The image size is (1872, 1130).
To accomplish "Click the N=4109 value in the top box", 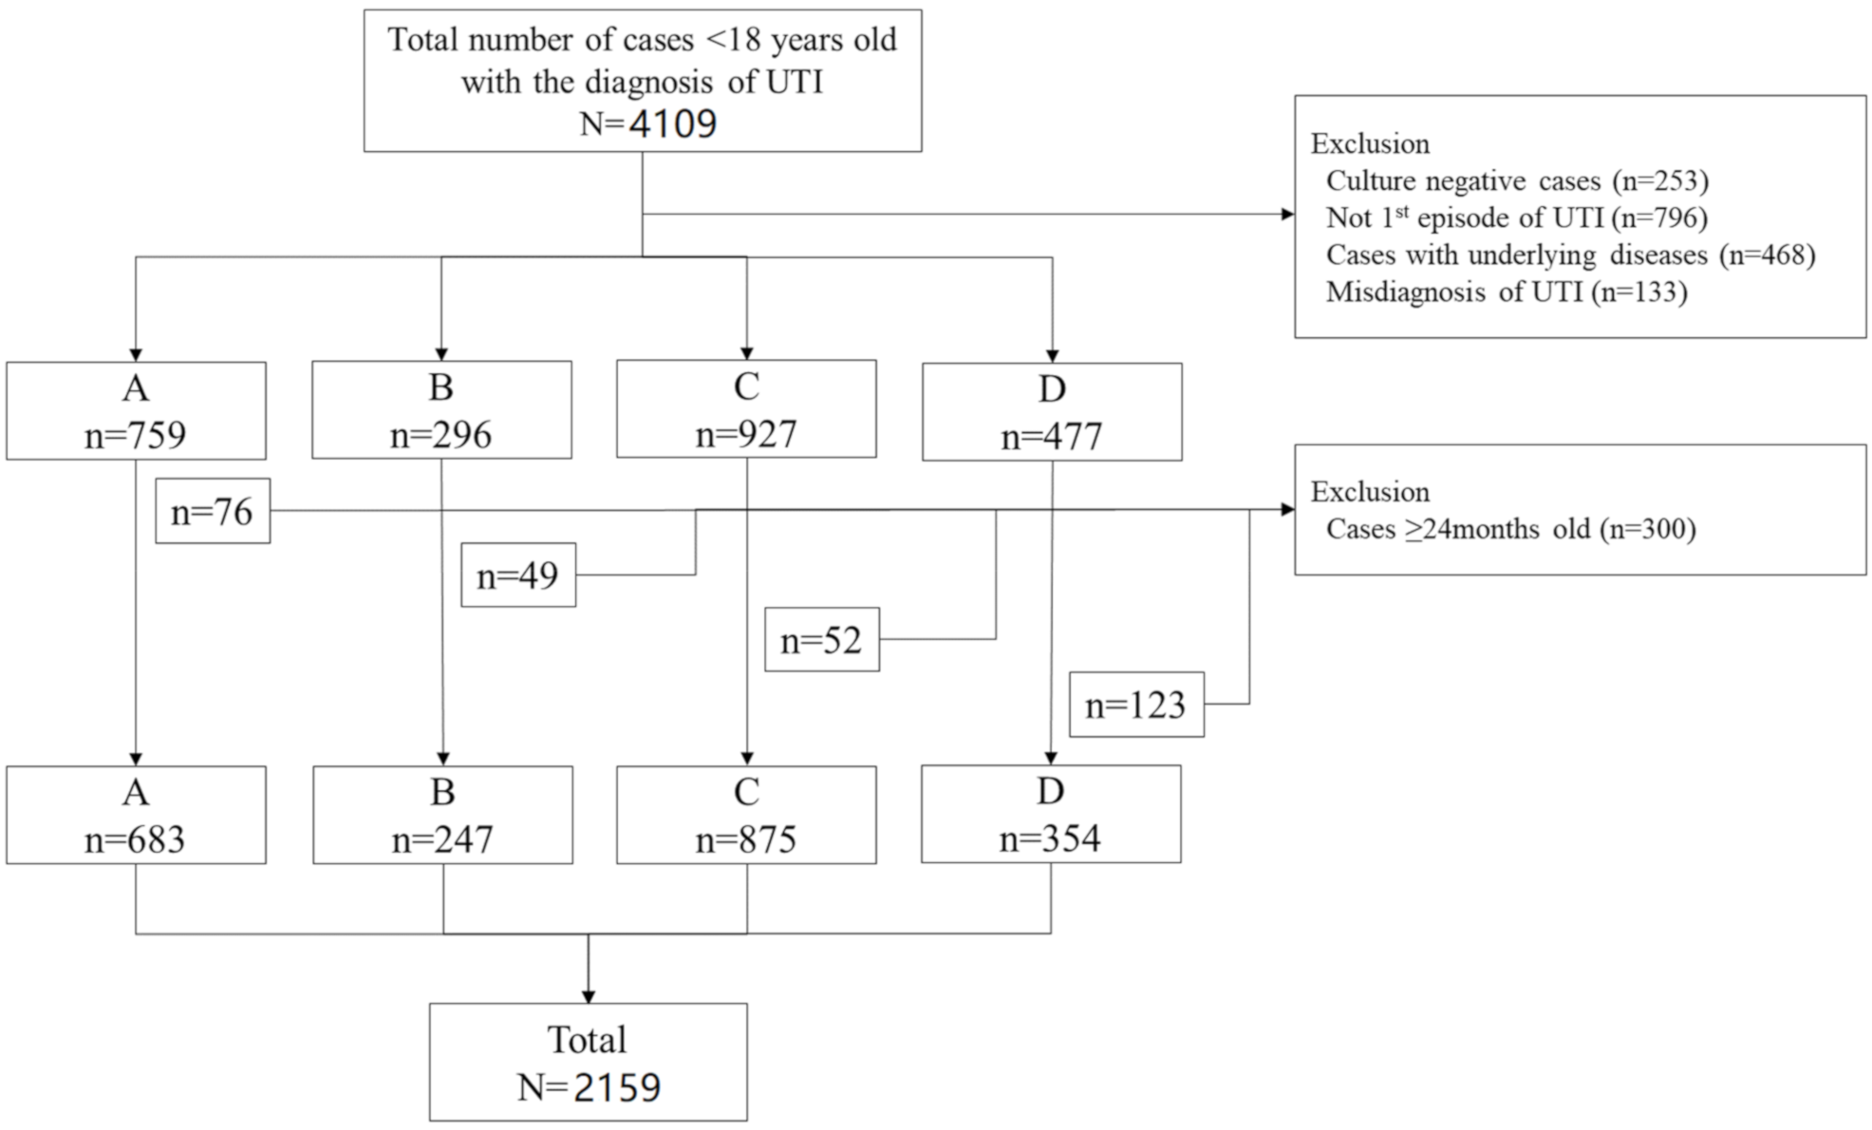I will pos(648,123).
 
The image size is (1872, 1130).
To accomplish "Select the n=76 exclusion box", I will pos(213,512).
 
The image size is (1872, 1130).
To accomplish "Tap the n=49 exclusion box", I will pos(517,575).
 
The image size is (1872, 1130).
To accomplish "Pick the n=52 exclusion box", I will pos(821,640).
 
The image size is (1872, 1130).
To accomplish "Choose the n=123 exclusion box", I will pos(1135,705).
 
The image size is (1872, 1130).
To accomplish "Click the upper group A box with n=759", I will pos(136,411).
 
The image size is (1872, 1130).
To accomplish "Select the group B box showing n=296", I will pos(441,410).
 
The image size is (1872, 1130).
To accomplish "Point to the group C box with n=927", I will pos(746,409).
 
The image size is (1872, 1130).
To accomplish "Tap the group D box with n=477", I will pos(1052,412).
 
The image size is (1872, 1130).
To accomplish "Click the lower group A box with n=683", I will pos(136,816).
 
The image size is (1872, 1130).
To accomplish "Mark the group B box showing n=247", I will pos(442,816).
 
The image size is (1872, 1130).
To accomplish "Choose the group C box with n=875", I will pos(746,816).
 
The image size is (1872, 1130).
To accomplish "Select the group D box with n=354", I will pos(1051,815).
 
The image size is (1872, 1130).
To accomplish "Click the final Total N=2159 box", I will pos(588,1063).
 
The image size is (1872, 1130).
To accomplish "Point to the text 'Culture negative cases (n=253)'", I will pos(1516,180).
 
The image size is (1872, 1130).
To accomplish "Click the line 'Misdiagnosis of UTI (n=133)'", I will pos(1506,292).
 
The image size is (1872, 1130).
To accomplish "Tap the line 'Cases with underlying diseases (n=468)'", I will pos(1570,254).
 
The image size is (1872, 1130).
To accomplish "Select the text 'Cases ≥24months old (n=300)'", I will pos(1510,529).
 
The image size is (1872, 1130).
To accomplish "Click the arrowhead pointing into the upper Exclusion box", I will pos(1287,214).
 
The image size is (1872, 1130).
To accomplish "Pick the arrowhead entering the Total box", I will pos(588,996).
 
